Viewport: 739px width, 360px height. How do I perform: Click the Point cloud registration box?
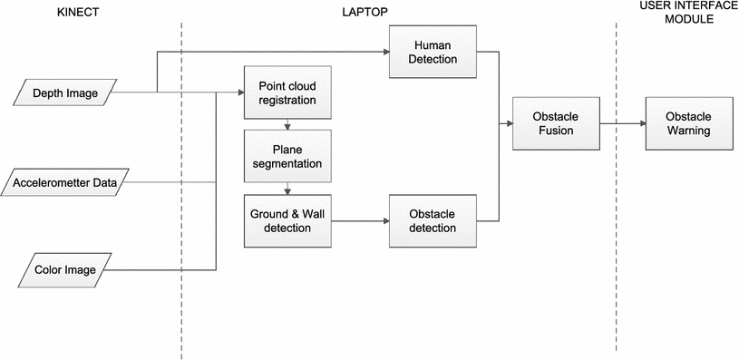coord(287,92)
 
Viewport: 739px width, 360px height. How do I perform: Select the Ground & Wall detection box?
coord(287,220)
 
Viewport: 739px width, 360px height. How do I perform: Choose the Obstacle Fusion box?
coord(556,125)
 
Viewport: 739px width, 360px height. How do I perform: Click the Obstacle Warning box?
coord(687,125)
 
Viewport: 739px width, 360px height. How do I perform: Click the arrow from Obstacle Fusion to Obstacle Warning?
coord(621,125)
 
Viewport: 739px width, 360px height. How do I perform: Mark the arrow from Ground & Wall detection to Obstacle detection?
coord(360,220)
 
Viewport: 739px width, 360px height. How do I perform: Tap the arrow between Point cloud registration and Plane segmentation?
coord(287,125)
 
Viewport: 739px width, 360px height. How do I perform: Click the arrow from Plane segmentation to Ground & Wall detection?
coord(287,189)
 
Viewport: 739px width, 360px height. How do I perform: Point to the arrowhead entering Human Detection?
coord(384,52)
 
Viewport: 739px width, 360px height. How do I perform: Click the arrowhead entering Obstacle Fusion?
coord(508,125)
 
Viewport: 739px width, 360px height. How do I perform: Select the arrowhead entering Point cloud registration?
coord(239,92)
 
